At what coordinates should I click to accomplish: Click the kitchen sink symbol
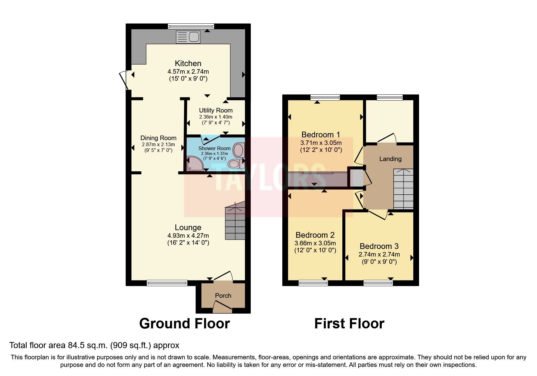[x=188, y=37]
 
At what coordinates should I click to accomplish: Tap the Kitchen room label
[x=188, y=63]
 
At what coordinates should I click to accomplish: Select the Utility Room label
[x=216, y=110]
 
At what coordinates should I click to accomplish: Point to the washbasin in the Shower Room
[x=239, y=150]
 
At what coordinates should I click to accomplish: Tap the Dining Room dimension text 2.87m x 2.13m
[x=158, y=145]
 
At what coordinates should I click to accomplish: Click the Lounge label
[x=188, y=227]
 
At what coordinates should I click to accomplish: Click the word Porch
[x=223, y=296]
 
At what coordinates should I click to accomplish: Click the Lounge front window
[x=167, y=283]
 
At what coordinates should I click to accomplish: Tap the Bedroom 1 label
[x=321, y=134]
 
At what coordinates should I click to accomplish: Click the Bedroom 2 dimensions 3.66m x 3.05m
[x=315, y=243]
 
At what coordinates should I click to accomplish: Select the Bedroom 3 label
[x=379, y=246]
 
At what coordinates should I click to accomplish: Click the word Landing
[x=390, y=159]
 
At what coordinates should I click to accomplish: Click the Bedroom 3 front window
[x=378, y=283]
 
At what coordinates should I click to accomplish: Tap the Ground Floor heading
[x=184, y=324]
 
